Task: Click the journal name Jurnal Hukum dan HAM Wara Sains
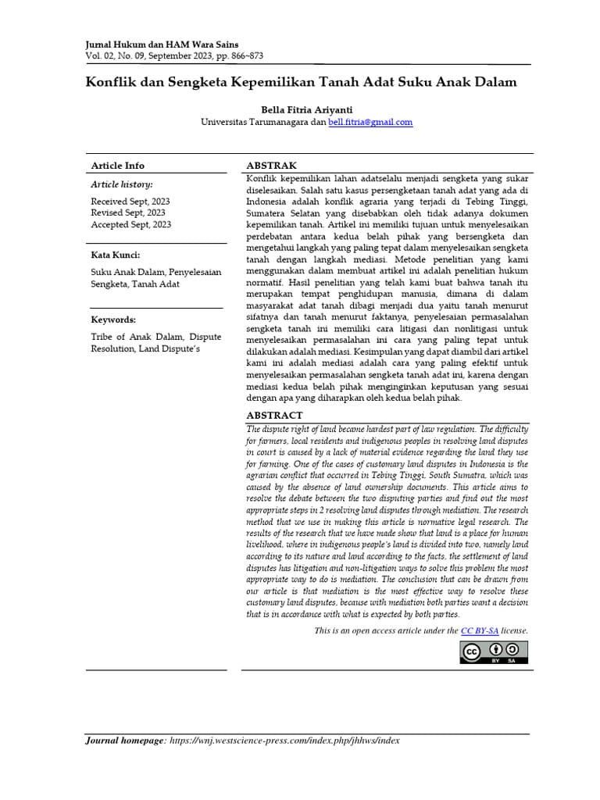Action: [x=162, y=45]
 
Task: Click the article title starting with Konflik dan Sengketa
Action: [x=301, y=82]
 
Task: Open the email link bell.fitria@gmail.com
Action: [x=370, y=122]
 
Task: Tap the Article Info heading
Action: [x=118, y=166]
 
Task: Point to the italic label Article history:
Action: [x=122, y=184]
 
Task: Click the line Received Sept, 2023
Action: [x=130, y=201]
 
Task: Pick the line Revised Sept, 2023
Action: [x=128, y=212]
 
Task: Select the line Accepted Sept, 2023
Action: [x=131, y=224]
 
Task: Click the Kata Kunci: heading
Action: [x=116, y=255]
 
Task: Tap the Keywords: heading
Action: [x=113, y=320]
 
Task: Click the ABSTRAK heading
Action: [x=271, y=166]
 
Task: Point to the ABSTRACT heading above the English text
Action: [x=274, y=416]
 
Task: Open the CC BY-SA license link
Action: [x=480, y=630]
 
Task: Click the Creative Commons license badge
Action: [x=494, y=652]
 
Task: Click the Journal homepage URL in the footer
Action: [x=284, y=741]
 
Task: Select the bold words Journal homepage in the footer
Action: [x=125, y=741]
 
